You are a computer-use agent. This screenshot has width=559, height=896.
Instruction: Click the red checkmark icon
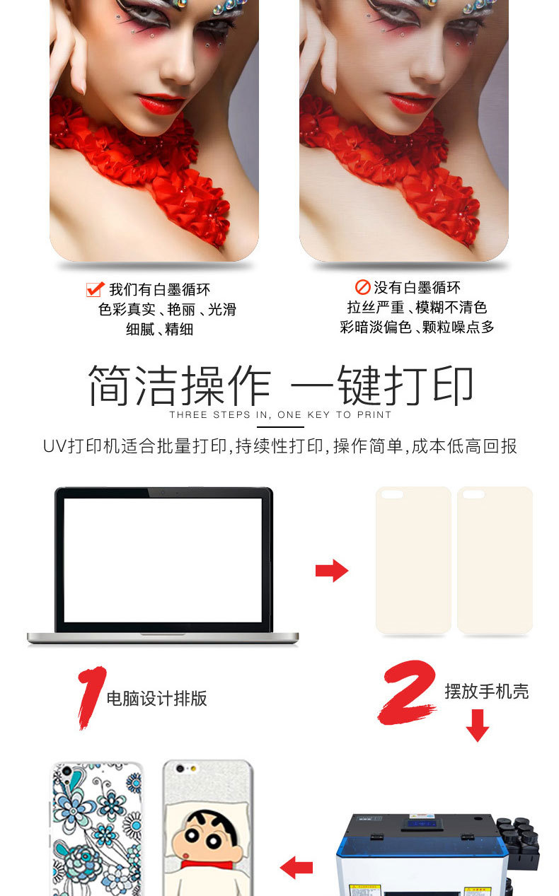click(x=96, y=289)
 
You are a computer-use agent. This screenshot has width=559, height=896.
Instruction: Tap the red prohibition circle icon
click(x=362, y=287)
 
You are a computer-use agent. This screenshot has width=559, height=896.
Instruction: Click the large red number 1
click(x=91, y=697)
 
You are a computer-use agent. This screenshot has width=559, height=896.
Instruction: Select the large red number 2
click(x=407, y=692)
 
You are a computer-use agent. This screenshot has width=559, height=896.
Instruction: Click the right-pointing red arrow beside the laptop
click(x=332, y=571)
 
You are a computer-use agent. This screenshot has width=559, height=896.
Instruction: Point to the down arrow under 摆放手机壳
click(x=478, y=726)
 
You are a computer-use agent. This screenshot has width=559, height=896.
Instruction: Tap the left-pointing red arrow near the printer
click(x=296, y=867)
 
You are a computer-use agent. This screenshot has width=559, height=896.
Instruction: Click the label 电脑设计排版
click(x=157, y=699)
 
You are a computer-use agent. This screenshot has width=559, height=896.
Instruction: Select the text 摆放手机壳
click(x=487, y=691)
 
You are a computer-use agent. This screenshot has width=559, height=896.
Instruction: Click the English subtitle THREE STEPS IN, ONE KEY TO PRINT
click(x=280, y=415)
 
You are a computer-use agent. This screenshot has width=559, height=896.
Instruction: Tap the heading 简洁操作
click(x=179, y=385)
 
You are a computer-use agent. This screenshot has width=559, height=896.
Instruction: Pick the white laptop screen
click(x=163, y=560)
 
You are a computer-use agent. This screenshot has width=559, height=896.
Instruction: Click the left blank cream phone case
click(x=413, y=560)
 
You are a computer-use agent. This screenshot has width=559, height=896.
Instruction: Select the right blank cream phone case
click(x=495, y=560)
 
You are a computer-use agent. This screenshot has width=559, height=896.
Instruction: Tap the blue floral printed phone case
click(x=97, y=829)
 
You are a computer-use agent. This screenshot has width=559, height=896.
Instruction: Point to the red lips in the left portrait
click(x=160, y=104)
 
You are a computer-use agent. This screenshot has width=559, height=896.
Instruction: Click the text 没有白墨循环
click(x=417, y=287)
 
